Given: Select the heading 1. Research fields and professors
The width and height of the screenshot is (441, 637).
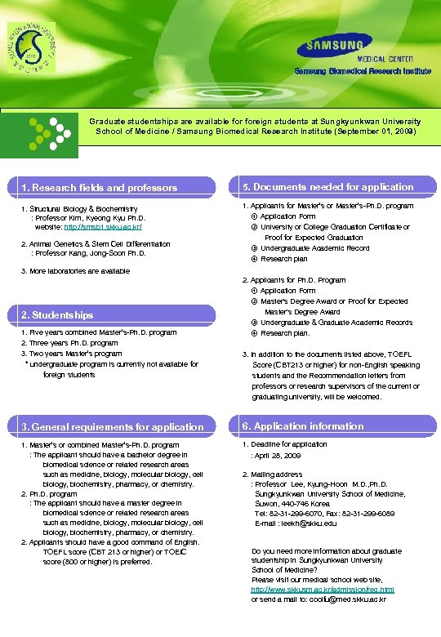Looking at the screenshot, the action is coord(99,188).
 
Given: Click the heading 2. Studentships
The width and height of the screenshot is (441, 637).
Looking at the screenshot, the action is coord(57,314).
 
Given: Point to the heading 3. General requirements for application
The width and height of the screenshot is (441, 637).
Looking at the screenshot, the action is coord(113,426).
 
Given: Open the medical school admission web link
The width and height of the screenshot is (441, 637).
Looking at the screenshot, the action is coord(322,588).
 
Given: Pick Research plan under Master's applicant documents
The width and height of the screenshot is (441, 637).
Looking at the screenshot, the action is coord(283,259).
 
